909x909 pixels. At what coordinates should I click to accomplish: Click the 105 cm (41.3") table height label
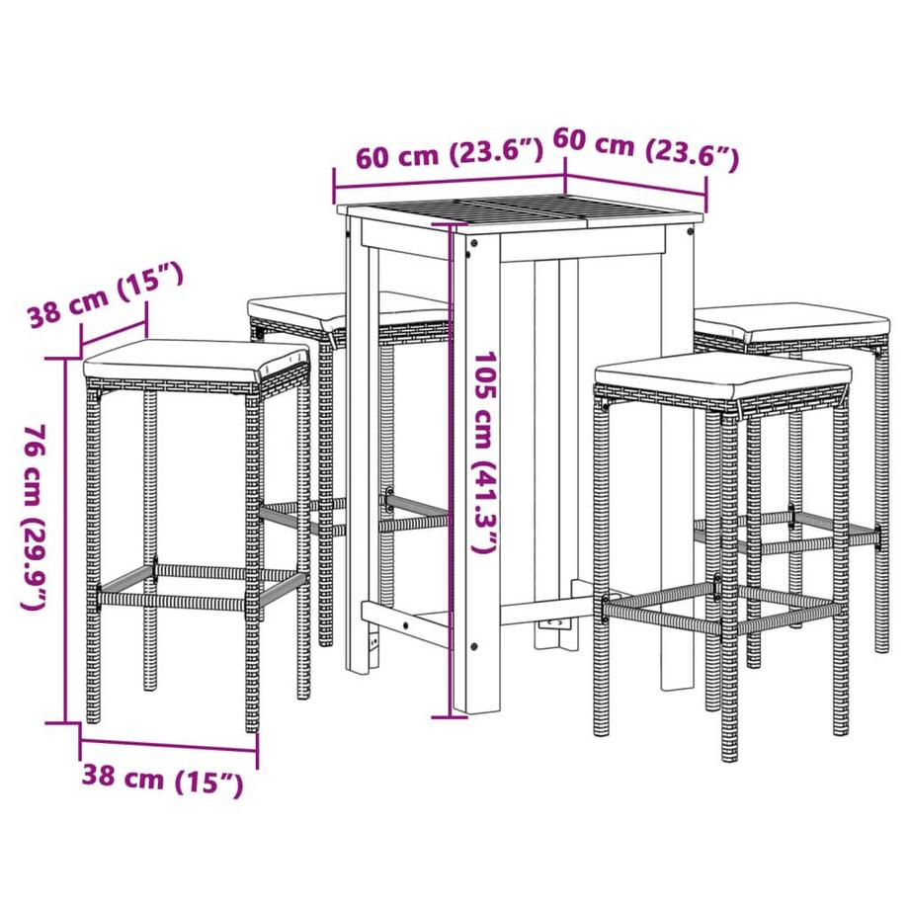pyautogui.click(x=484, y=452)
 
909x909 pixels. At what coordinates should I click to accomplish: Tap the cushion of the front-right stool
pyautogui.click(x=721, y=376)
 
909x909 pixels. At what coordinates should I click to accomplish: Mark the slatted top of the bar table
pyautogui.click(x=519, y=211)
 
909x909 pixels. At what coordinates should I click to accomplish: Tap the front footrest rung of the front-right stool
pyautogui.click(x=662, y=617)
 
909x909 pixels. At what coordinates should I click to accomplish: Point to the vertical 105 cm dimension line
pyautogui.click(x=450, y=469)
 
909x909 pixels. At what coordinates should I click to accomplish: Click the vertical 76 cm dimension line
pyautogui.click(x=64, y=540)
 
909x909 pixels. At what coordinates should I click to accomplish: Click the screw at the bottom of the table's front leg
pyautogui.click(x=474, y=646)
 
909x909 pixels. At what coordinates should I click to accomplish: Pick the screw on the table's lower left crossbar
pyautogui.click(x=405, y=626)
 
